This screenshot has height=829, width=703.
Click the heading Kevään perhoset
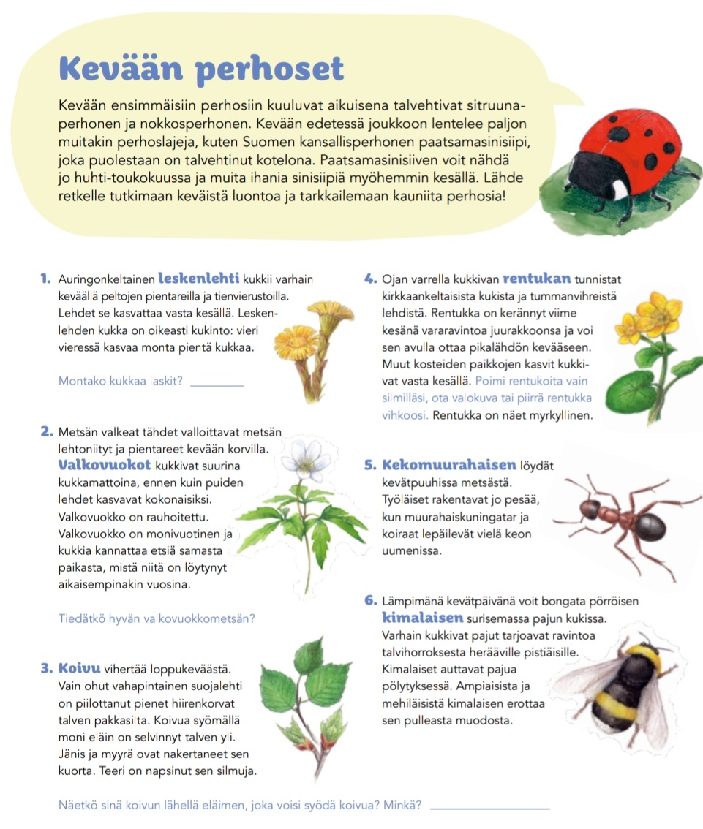point(201,69)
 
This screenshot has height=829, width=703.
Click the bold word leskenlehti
point(199,278)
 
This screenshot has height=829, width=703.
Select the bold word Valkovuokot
point(104,465)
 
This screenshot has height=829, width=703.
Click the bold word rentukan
point(537,278)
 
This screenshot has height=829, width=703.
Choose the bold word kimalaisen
point(424,618)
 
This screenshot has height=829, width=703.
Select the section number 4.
point(369,278)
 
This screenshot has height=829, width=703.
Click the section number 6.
point(369,602)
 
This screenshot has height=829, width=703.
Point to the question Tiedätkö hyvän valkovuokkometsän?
point(156,618)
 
